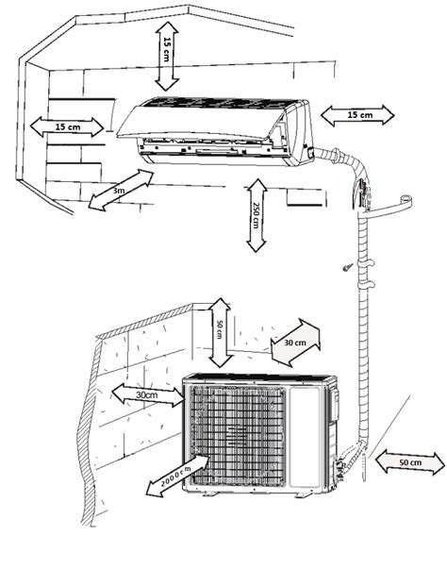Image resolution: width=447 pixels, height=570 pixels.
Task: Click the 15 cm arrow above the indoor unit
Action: click(166, 57)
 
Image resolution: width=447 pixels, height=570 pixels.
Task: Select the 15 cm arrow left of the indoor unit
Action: click(65, 126)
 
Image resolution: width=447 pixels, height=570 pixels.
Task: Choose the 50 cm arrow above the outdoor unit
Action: click(219, 330)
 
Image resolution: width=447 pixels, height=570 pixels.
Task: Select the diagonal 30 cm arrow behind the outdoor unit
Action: click(294, 344)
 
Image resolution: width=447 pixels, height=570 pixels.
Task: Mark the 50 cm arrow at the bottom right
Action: click(408, 463)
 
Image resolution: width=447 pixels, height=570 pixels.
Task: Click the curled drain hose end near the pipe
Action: click(401, 200)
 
